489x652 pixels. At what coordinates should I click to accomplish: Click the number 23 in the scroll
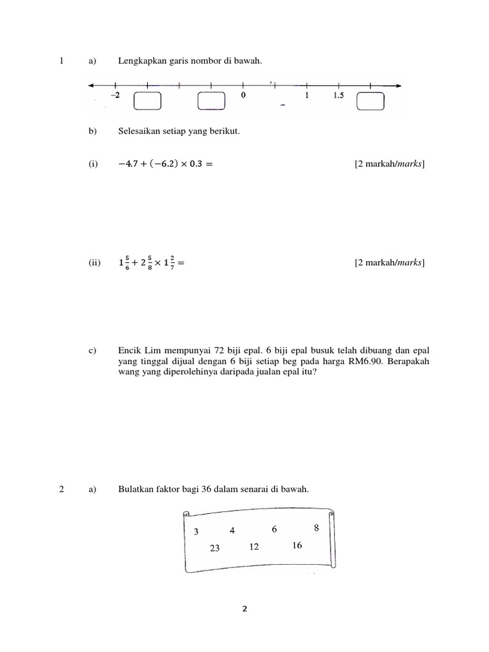coord(214,548)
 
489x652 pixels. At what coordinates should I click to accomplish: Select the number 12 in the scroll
coord(255,546)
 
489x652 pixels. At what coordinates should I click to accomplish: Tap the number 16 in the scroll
coord(297,545)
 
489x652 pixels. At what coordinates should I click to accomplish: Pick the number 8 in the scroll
coord(316,528)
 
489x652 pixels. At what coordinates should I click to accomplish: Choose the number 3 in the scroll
coord(196,532)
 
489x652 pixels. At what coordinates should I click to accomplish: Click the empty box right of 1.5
coord(371,102)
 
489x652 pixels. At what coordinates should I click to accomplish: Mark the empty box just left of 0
coord(211,102)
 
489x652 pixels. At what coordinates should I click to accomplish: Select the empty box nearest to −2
coord(148,102)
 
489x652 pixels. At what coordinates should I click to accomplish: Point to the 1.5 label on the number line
coord(337,96)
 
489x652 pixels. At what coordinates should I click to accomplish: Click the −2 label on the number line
coord(115,96)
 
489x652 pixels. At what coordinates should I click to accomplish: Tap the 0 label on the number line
coord(243,96)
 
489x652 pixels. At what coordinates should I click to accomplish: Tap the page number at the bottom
coord(244,609)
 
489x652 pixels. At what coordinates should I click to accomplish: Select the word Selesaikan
coord(139,132)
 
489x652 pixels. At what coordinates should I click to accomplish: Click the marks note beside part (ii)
coord(390,264)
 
